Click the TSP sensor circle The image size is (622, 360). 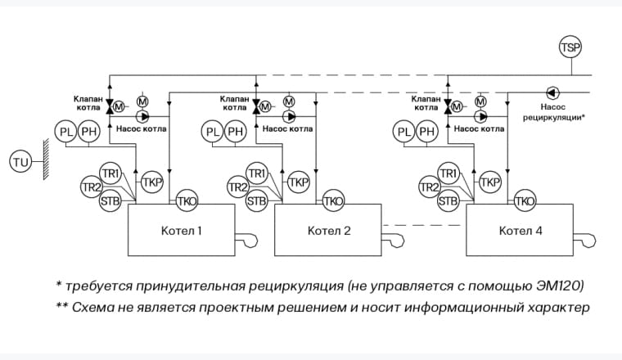pyautogui.click(x=570, y=47)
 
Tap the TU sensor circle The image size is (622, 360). pyautogui.click(x=20, y=163)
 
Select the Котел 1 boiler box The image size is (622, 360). pyautogui.click(x=177, y=230)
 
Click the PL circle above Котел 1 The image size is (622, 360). pyautogui.click(x=65, y=131)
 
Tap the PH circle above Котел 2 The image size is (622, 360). pyautogui.click(x=236, y=131)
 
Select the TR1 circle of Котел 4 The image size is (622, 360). pyautogui.click(x=448, y=173)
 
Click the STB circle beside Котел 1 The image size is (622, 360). pyautogui.click(x=109, y=200)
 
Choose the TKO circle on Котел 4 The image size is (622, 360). pyautogui.click(x=525, y=200)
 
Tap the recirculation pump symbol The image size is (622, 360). pyautogui.click(x=552, y=92)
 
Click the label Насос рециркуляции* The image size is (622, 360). pyautogui.click(x=554, y=111)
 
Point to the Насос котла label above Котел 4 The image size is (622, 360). pyautogui.click(x=479, y=128)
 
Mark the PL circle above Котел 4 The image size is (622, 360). pyautogui.click(x=403, y=131)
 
